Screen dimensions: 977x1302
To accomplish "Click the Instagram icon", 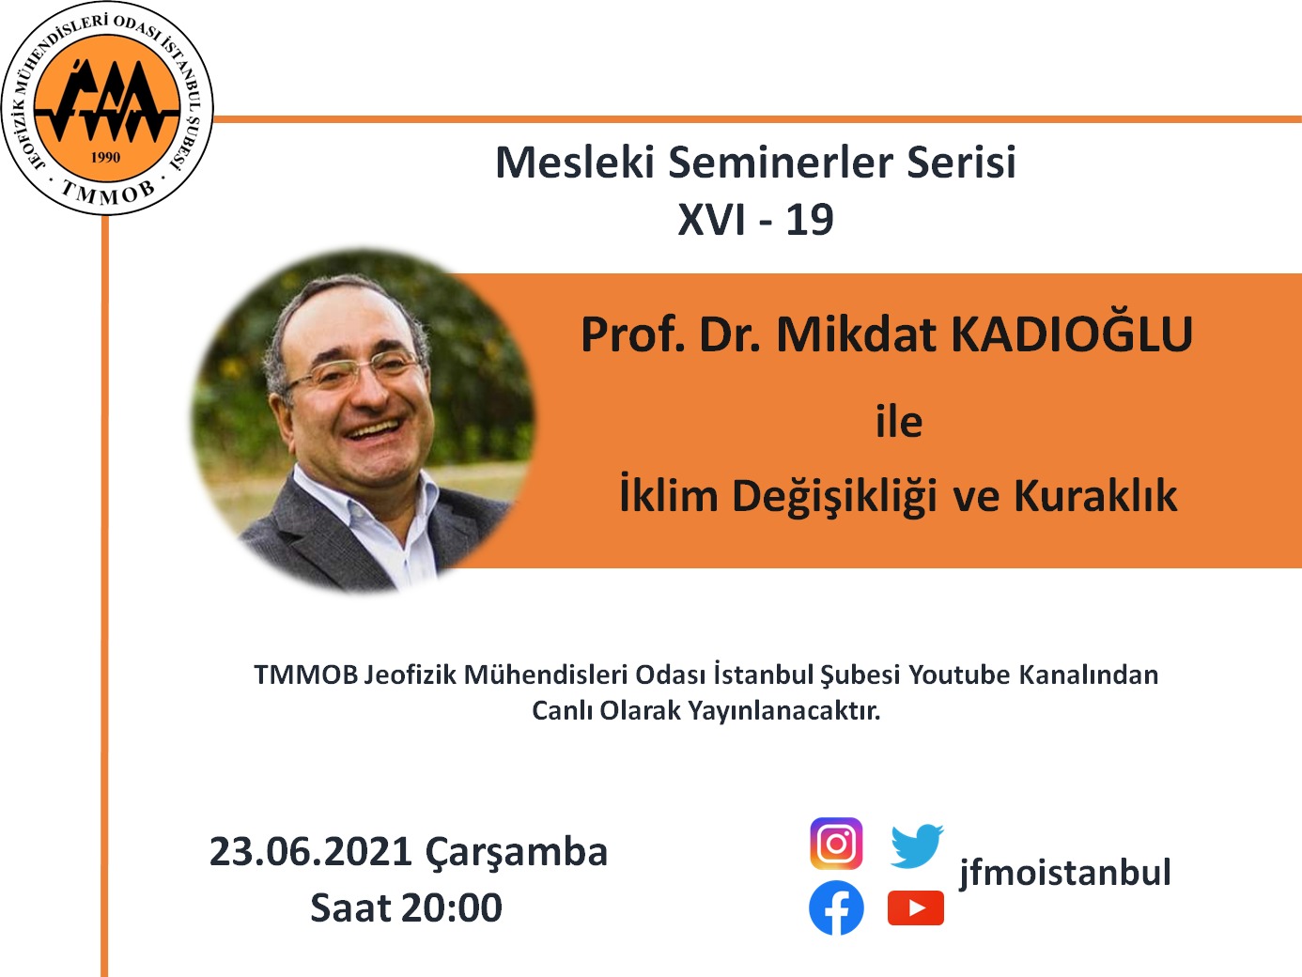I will pos(836,844).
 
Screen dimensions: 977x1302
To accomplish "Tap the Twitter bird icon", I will pos(916,845).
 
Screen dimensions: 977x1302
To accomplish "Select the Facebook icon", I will pos(836,908).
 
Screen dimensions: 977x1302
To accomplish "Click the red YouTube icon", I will pos(916,908).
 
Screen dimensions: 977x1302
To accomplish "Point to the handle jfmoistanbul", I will pos(1064,873).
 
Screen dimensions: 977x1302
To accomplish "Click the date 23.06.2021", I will pos(311,852).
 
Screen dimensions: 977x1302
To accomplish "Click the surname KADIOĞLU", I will pos(1072,335).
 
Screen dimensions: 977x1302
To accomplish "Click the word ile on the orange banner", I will pos(899,422).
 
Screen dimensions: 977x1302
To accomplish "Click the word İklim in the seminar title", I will pos(668,496).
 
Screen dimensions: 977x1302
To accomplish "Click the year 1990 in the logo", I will pos(105,157).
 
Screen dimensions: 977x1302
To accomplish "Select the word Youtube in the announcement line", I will pos(959,675).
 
